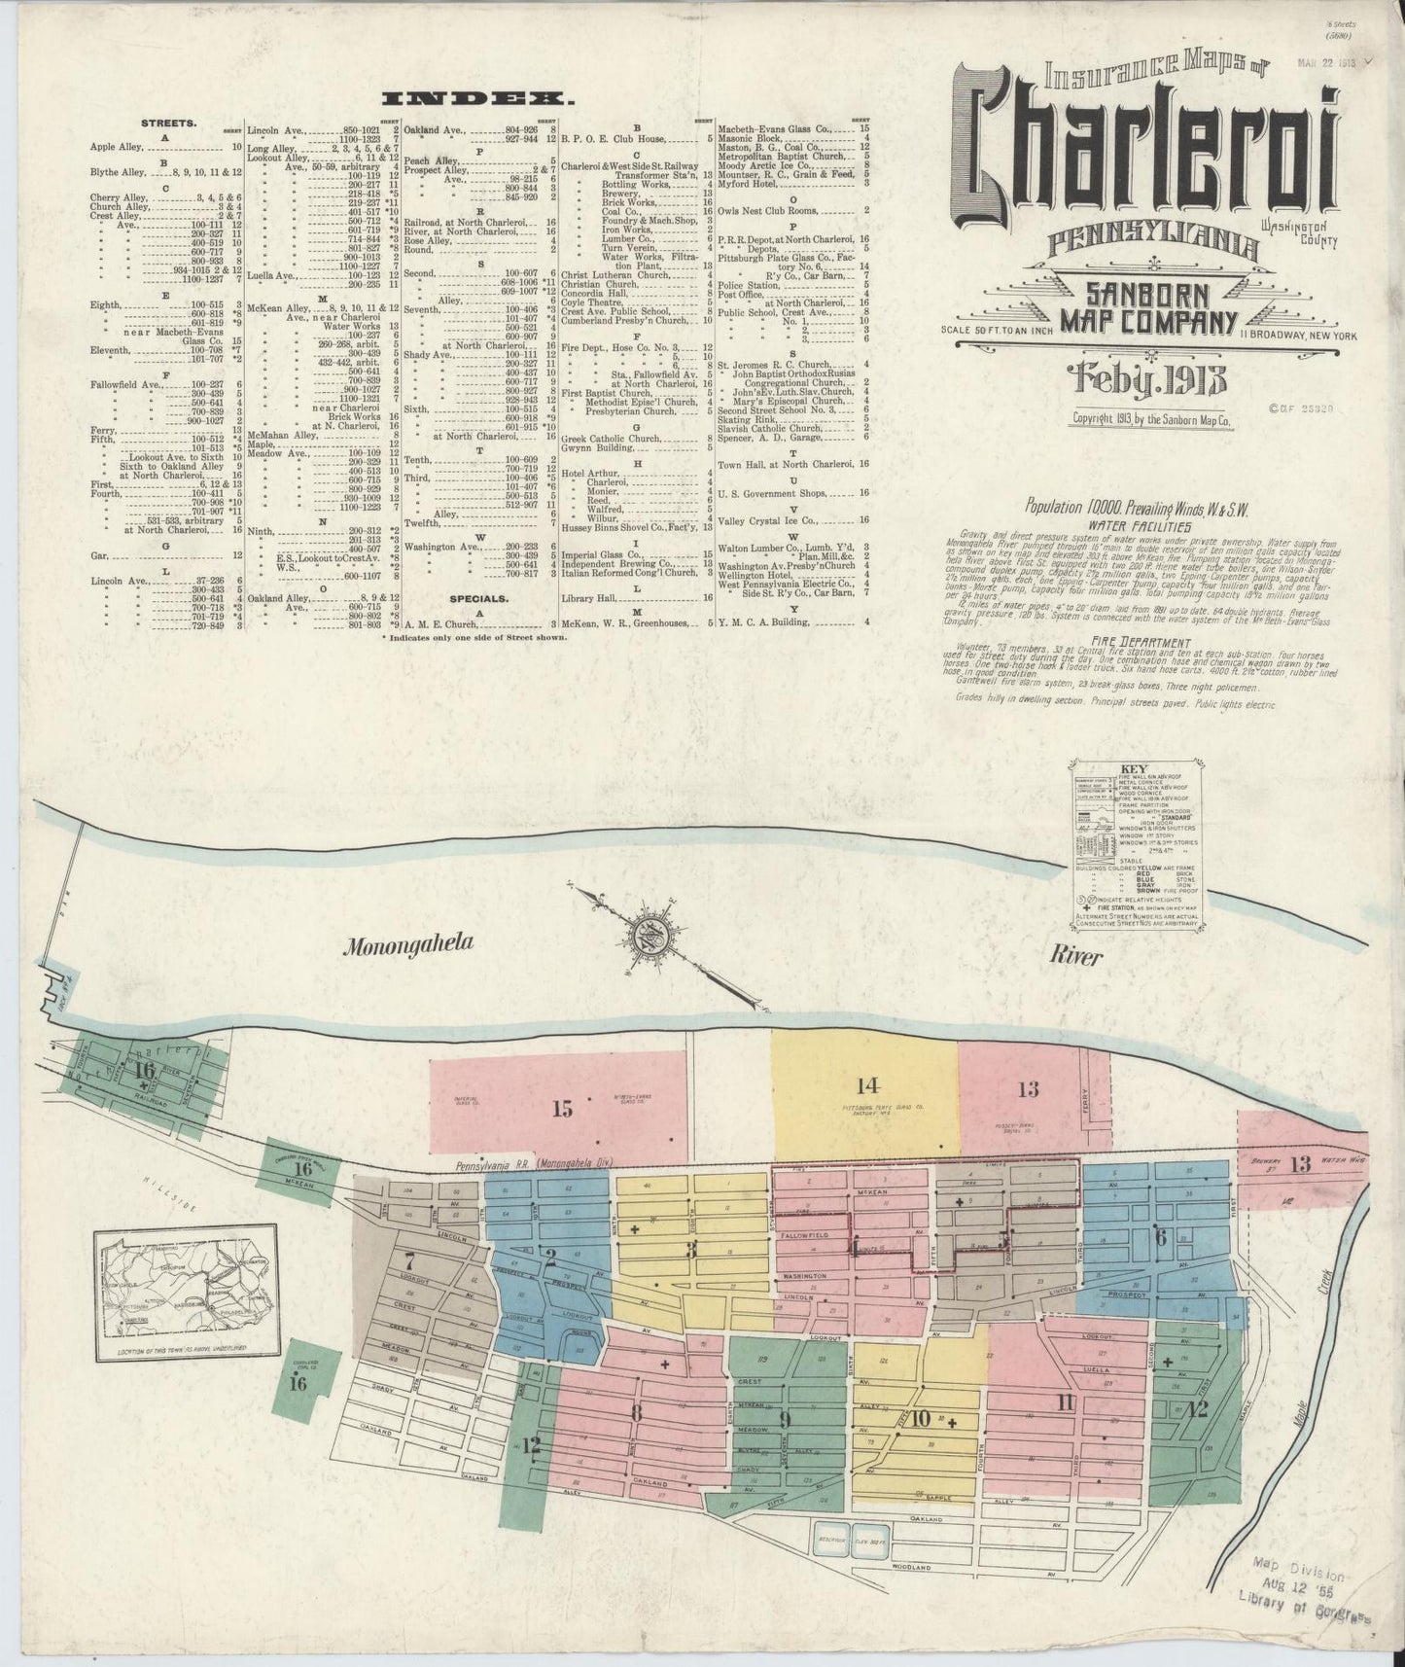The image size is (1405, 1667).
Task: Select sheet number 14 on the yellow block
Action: tap(867, 1085)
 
